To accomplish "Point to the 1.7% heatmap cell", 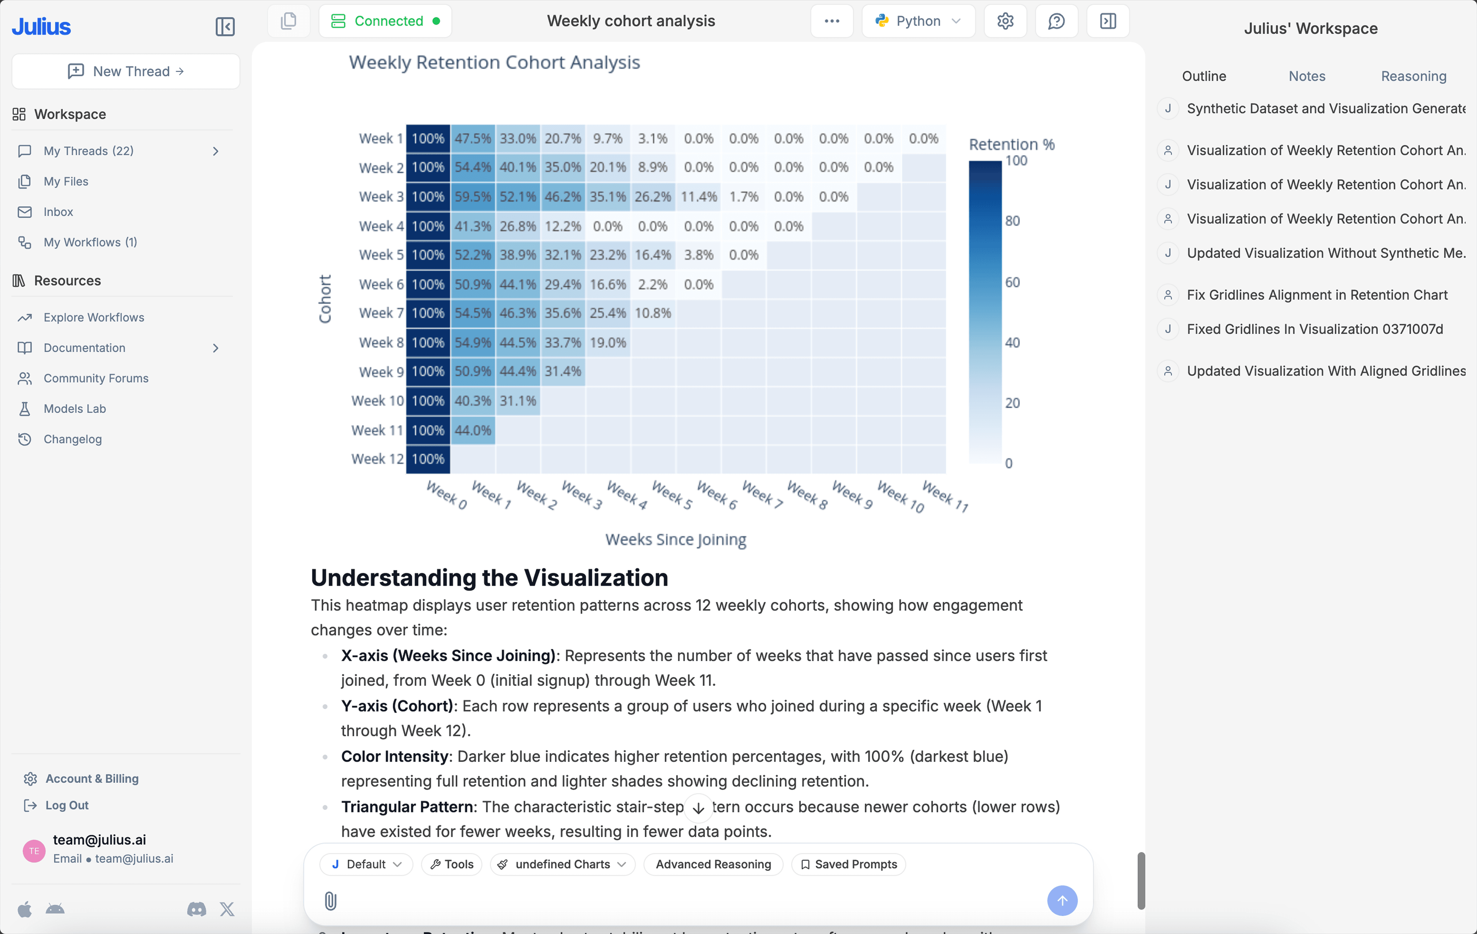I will pyautogui.click(x=744, y=197).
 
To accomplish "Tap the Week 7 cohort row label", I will pyautogui.click(x=381, y=313).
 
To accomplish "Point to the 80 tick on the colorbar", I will pyautogui.click(x=1012, y=221).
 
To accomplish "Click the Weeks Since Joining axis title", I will pyautogui.click(x=675, y=540).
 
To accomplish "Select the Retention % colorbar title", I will pyautogui.click(x=1012, y=144).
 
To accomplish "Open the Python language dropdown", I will pyautogui.click(x=918, y=21).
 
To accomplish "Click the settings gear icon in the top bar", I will pyautogui.click(x=1005, y=21).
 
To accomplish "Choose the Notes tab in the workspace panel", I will pyautogui.click(x=1307, y=76).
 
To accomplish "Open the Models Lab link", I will pyautogui.click(x=74, y=409).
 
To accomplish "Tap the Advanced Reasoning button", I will pyautogui.click(x=713, y=864).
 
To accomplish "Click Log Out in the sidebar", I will pyautogui.click(x=66, y=805).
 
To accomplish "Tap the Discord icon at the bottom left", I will pyautogui.click(x=196, y=909).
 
